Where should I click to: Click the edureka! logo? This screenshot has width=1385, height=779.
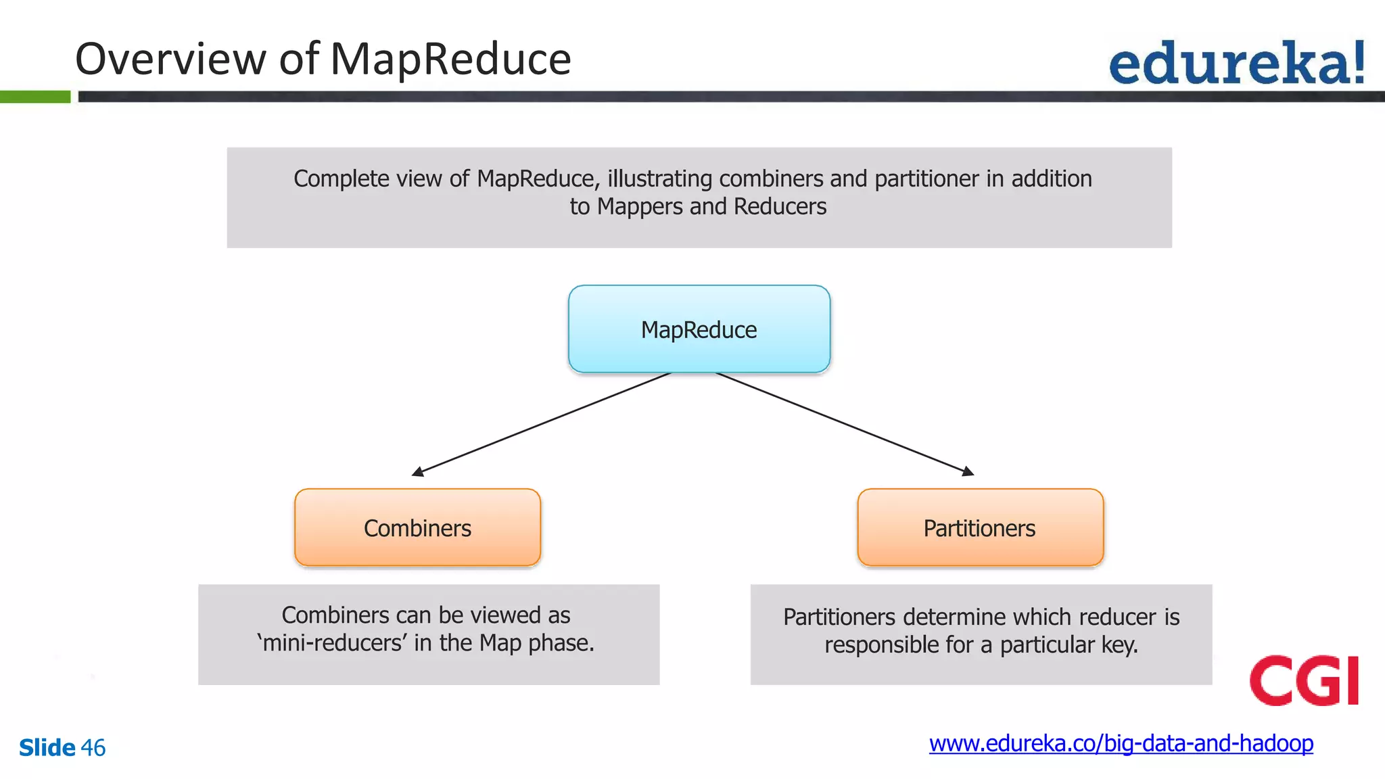point(1236,62)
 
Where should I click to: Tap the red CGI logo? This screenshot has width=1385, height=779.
point(1304,680)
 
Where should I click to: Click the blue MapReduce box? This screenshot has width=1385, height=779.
point(699,329)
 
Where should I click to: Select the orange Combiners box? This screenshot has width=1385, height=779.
point(418,528)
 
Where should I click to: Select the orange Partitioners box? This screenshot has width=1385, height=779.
point(980,528)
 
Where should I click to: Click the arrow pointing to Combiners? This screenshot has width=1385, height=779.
point(541,424)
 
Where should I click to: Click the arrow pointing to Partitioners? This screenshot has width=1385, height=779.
point(845,424)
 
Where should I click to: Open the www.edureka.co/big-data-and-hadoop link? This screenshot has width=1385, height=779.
point(1121,744)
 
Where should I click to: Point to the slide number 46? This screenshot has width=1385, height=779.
point(93,748)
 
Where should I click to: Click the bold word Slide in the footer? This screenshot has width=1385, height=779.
point(47,748)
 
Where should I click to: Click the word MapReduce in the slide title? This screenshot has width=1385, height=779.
point(450,59)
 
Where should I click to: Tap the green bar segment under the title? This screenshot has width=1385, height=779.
point(35,97)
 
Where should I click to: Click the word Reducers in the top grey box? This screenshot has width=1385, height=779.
point(780,207)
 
